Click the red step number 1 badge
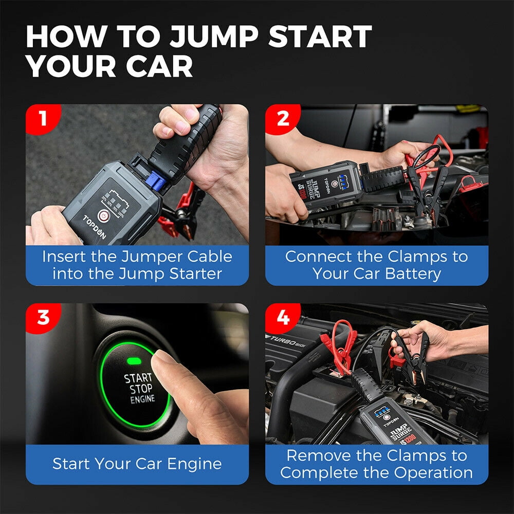(x=41, y=119)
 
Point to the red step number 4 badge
(x=282, y=317)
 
